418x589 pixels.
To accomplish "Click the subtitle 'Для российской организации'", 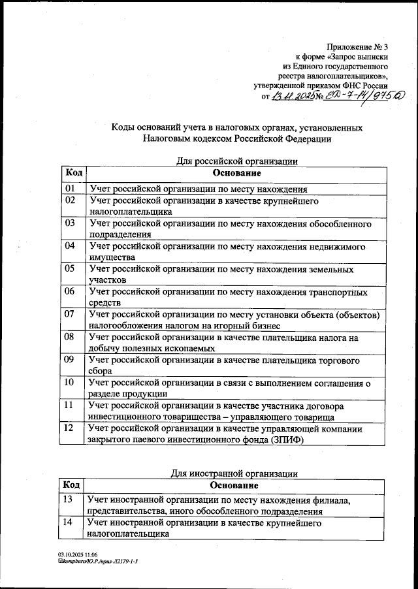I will click(x=238, y=161).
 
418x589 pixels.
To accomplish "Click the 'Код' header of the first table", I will click(x=73, y=173).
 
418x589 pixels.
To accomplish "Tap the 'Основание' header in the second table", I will click(x=234, y=486).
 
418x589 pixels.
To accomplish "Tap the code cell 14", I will click(x=68, y=523).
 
